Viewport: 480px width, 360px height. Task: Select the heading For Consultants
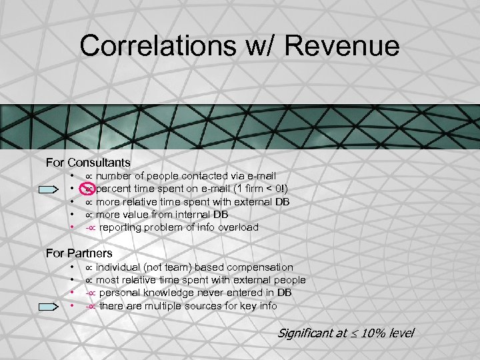coord(88,162)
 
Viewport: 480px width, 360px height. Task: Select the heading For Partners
coord(79,253)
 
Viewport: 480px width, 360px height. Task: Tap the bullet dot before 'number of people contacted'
coord(72,176)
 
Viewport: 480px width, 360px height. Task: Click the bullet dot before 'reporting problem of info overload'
coord(72,227)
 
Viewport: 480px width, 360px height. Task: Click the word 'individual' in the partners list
coord(121,267)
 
